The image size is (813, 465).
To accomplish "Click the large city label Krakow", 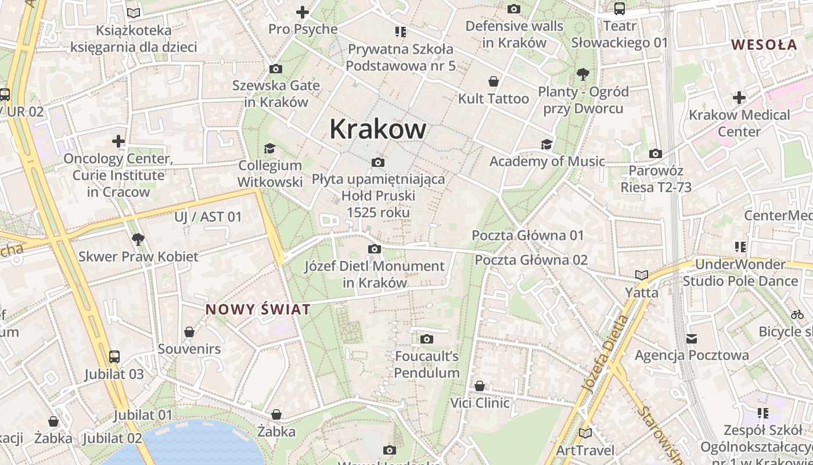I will [x=377, y=129].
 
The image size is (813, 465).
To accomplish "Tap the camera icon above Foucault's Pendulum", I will [x=427, y=339].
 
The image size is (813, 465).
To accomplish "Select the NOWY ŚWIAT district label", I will [x=258, y=309].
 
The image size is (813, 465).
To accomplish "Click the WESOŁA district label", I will [x=764, y=44].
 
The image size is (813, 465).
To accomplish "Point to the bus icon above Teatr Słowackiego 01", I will [x=620, y=9].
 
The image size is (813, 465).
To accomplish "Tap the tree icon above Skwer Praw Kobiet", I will [x=138, y=239].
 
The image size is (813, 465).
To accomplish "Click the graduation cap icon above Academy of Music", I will [x=546, y=144].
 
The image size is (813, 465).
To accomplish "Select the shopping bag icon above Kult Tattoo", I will [x=494, y=81].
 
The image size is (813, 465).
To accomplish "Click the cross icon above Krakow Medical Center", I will [x=739, y=98].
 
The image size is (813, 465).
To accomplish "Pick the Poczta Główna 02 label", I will [x=531, y=260].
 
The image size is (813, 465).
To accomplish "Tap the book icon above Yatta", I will [x=641, y=275].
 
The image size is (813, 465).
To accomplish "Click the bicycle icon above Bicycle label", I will [x=797, y=314].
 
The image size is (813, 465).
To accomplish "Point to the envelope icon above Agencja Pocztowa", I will [x=691, y=338].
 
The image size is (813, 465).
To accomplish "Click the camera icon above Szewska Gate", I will [x=276, y=69].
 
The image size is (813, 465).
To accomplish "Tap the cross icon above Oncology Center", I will [x=118, y=141].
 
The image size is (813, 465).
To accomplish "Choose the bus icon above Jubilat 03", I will [x=114, y=357].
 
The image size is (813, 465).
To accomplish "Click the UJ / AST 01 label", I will [x=208, y=217].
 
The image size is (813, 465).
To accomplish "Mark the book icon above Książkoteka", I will [x=134, y=13].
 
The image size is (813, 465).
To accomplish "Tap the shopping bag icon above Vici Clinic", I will [x=480, y=386].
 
